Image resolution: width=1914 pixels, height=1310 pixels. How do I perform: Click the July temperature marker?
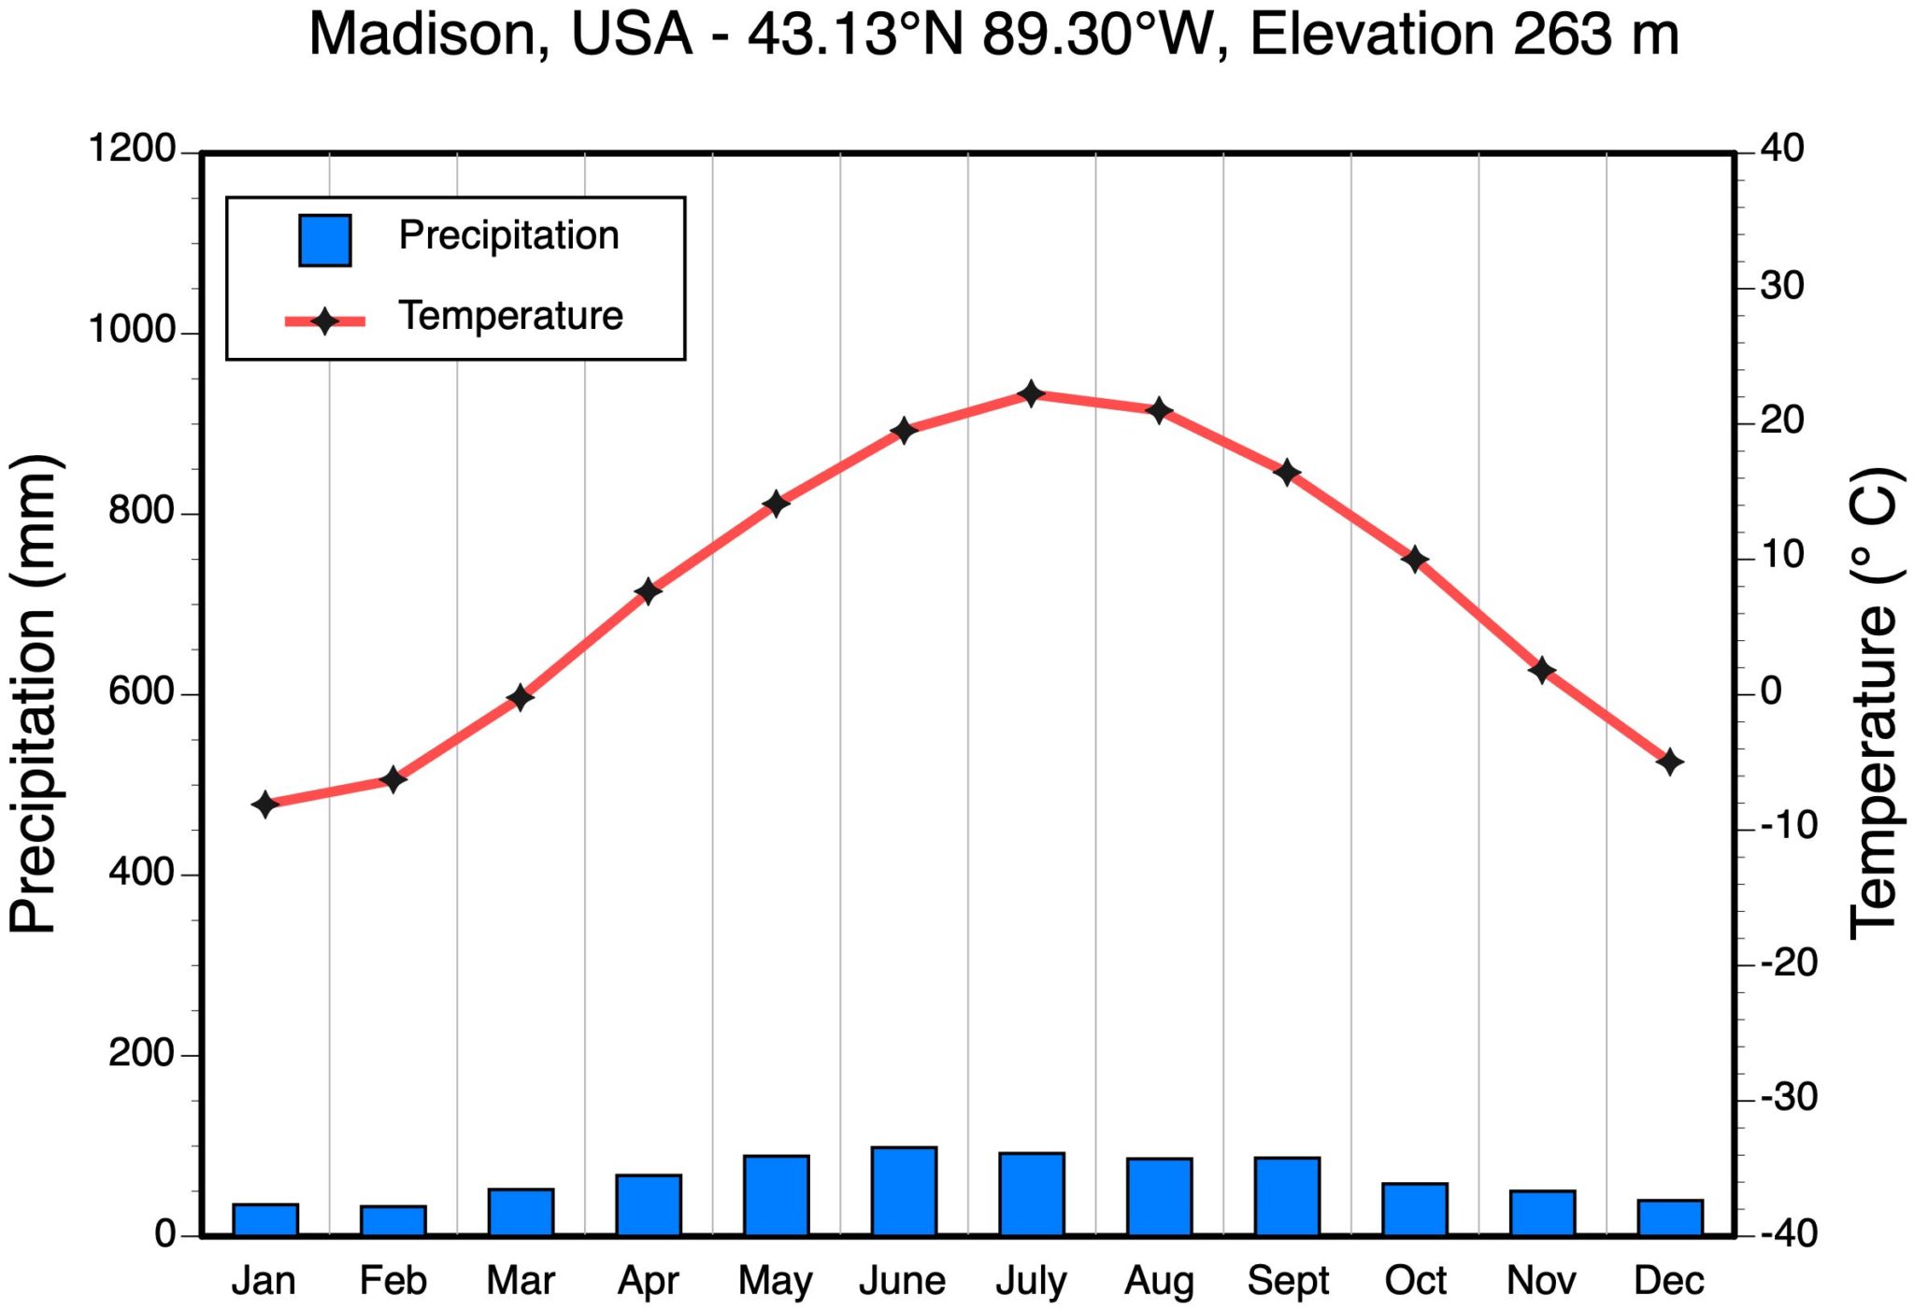pyautogui.click(x=1031, y=393)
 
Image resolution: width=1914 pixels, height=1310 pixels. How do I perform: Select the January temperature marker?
pyautogui.click(x=265, y=804)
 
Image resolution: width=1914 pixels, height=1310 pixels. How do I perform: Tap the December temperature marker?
pyautogui.click(x=1669, y=762)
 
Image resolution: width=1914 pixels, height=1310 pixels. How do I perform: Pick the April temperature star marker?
pyautogui.click(x=648, y=591)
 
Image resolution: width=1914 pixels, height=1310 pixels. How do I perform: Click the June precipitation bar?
pyautogui.click(x=904, y=1191)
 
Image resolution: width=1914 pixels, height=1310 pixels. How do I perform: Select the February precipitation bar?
pyautogui.click(x=393, y=1220)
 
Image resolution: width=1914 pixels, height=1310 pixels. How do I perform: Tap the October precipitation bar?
pyautogui.click(x=1415, y=1209)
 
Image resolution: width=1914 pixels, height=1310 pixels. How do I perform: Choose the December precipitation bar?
pyautogui.click(x=1669, y=1217)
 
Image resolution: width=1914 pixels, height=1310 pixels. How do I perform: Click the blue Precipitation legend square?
pyautogui.click(x=324, y=240)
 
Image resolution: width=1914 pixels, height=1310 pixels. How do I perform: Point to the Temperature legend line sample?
pyautogui.click(x=324, y=321)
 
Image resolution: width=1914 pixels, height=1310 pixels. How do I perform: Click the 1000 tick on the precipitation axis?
pyautogui.click(x=132, y=331)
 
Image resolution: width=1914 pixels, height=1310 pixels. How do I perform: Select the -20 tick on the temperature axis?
pyautogui.click(x=1788, y=962)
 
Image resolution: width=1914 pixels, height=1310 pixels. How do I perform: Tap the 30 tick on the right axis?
pyautogui.click(x=1781, y=286)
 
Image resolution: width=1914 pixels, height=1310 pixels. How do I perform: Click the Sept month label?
pyautogui.click(x=1287, y=1280)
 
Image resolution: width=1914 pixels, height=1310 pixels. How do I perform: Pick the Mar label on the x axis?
pyautogui.click(x=521, y=1280)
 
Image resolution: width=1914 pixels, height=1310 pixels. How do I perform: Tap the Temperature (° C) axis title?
pyautogui.click(x=1873, y=703)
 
